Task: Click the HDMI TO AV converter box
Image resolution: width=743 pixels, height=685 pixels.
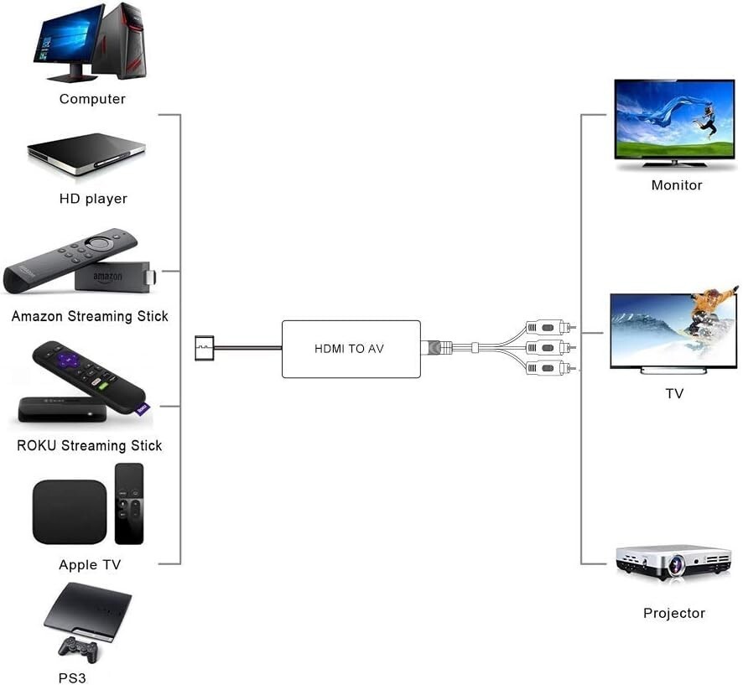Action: [x=351, y=348]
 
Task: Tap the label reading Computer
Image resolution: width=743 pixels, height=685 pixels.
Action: [x=92, y=99]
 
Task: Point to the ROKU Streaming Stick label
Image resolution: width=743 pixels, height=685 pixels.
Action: [x=90, y=445]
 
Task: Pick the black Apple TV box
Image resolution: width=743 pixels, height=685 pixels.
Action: [x=70, y=511]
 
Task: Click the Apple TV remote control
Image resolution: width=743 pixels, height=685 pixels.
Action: [x=129, y=503]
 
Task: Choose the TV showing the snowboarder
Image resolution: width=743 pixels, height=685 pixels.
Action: [x=673, y=330]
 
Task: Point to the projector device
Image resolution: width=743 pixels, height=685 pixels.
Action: [x=673, y=562]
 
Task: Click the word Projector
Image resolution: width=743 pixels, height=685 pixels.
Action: [x=674, y=613]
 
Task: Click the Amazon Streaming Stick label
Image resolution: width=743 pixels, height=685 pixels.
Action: [x=90, y=316]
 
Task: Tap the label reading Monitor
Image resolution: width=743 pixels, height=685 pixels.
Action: [x=677, y=184]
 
